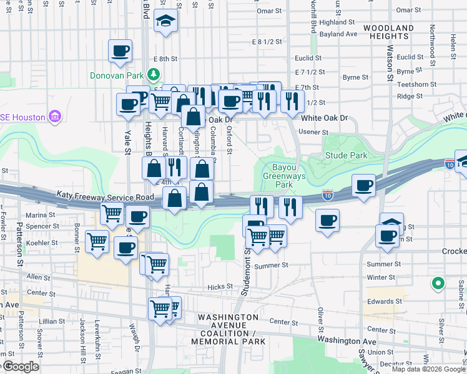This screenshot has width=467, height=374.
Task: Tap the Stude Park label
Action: click(345, 155)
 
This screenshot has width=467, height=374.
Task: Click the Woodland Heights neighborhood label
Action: click(388, 32)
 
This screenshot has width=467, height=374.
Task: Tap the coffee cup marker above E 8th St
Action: click(120, 50)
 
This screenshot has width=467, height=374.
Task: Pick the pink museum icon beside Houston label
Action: click(55, 117)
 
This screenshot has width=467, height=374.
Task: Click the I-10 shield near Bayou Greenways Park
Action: click(328, 196)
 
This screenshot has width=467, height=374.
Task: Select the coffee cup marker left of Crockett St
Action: click(387, 236)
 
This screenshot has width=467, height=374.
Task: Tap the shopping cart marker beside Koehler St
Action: click(97, 240)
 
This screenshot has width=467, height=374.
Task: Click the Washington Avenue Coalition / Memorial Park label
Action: click(228, 329)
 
